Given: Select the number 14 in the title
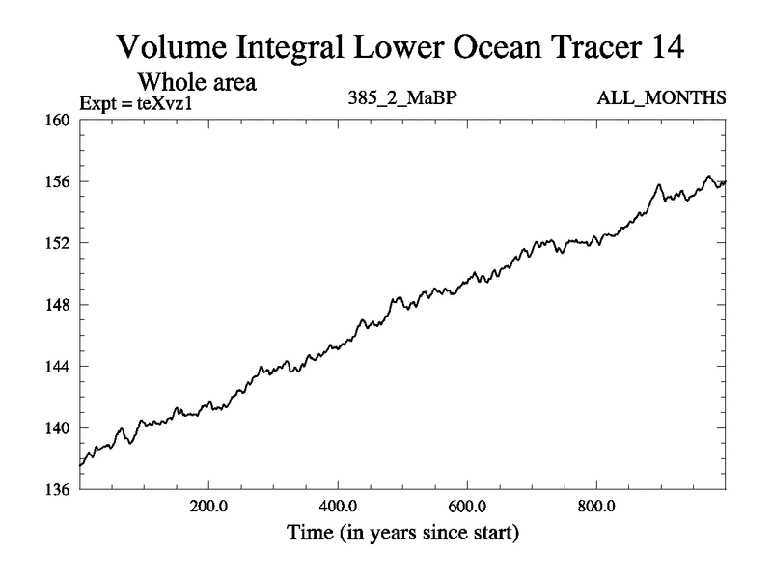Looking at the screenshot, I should coord(666,47).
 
